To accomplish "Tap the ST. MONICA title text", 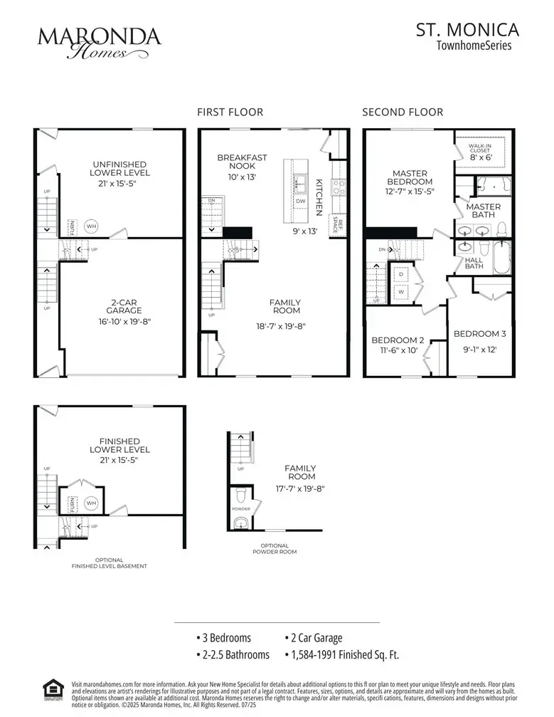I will point(467,30).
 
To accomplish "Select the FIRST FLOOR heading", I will point(230,112).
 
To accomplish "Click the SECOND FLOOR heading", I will point(403,112).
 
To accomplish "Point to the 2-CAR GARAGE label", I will point(119,311).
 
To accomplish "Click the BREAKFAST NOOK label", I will point(242,162).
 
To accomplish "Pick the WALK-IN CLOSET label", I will point(480,148).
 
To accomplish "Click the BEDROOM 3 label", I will point(480,334).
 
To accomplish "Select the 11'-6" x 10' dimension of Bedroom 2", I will point(398,350).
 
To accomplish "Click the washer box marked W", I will point(400,291).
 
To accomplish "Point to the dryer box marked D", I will point(400,273).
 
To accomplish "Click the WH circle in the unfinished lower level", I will point(91,226).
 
